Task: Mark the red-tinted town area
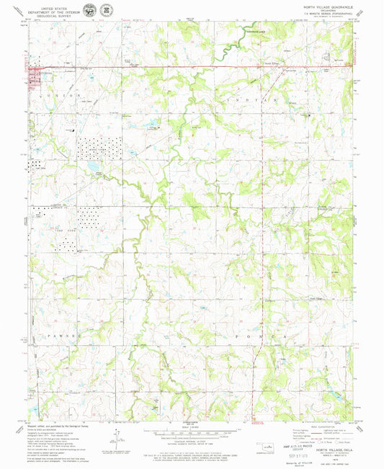tap(35, 76)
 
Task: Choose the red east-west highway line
tap(216, 67)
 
